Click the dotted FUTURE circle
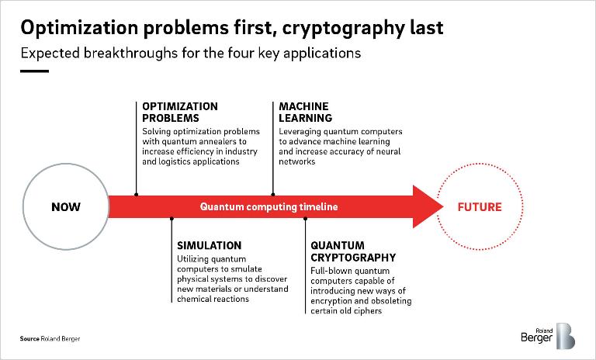coord(479,207)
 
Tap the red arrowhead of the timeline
coord(428,207)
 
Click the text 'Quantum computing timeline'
coord(269,207)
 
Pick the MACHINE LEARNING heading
coord(305,112)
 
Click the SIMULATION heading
coord(210,245)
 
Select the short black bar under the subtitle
coord(35,71)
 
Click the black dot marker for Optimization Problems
coord(137,194)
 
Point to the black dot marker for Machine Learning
coord(272,194)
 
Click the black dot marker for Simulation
coord(171,220)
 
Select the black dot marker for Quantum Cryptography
coord(304,220)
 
